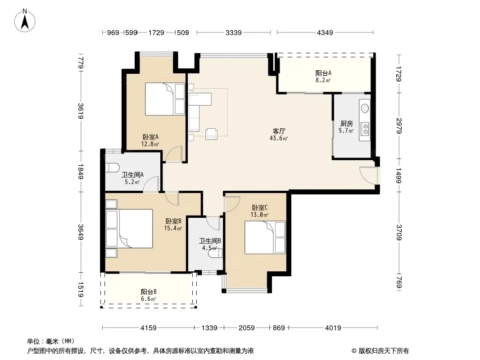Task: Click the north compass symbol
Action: coord(25,21)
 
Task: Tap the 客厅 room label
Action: coord(279,131)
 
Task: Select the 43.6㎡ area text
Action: coord(279,138)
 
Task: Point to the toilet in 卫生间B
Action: coord(215,254)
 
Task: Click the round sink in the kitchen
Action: coord(365,108)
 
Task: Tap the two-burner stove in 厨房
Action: coord(365,129)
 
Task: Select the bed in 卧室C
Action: coord(265,238)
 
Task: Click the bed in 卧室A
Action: coord(165,99)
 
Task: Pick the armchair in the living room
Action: coord(211,134)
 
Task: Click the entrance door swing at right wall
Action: coord(369,175)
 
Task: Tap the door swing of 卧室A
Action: coord(173,154)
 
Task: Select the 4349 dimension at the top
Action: coord(325,32)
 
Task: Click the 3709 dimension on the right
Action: coord(398,233)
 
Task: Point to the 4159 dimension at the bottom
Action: coord(149,328)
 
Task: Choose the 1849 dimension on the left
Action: coord(81,171)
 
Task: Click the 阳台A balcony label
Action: coord(323,73)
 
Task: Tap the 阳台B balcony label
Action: coord(149,292)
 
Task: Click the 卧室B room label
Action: coord(173,221)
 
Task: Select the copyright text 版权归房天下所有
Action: coord(384,351)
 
